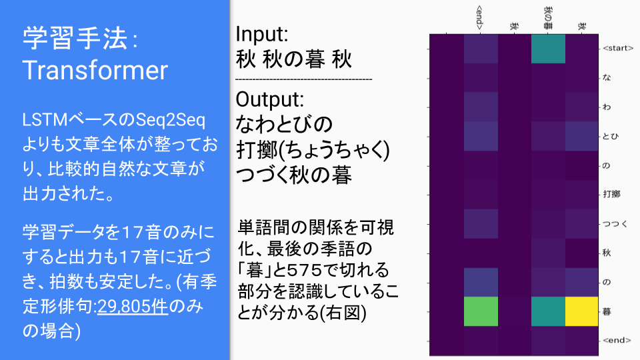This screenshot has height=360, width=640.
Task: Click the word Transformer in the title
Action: click(95, 70)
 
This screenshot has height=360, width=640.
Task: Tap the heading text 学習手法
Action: click(75, 39)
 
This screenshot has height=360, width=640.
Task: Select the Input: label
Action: click(261, 34)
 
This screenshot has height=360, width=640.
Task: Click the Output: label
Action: click(270, 99)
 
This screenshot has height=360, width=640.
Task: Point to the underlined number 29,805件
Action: click(133, 306)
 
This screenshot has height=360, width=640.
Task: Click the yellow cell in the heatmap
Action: click(581, 311)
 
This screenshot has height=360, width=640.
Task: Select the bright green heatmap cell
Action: click(481, 311)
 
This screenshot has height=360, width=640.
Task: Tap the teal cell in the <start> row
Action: click(548, 49)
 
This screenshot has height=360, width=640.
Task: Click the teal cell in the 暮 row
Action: click(548, 311)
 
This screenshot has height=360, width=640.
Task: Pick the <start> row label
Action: click(618, 48)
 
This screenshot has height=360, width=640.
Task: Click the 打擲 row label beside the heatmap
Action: click(611, 194)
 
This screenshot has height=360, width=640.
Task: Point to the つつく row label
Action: click(615, 224)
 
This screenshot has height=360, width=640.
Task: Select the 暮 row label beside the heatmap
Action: click(607, 311)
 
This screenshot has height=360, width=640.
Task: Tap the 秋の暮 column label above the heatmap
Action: click(548, 18)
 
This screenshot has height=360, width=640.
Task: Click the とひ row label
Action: click(611, 136)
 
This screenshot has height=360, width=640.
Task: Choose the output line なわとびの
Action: click(284, 124)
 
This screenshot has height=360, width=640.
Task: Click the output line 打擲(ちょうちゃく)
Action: click(313, 150)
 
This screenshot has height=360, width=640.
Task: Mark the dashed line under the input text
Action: click(304, 79)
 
